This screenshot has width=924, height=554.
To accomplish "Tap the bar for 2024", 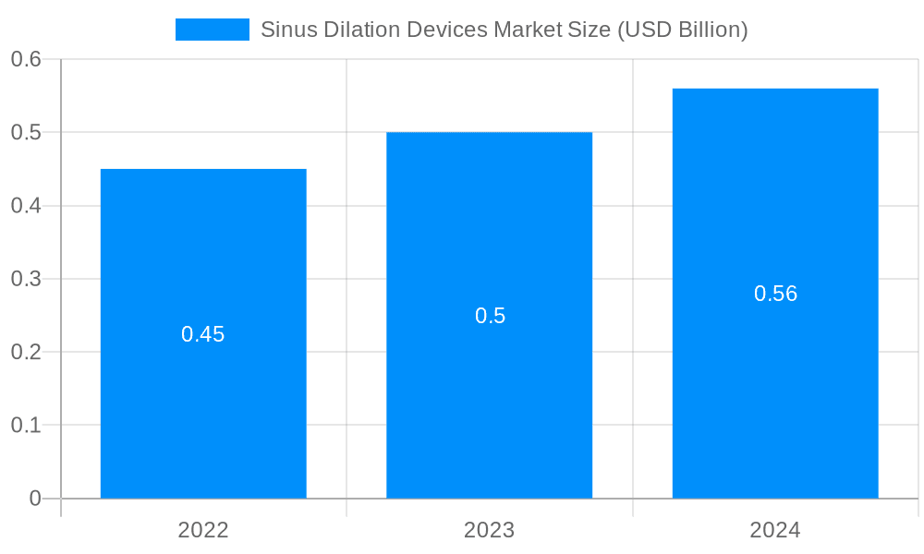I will click(775, 388).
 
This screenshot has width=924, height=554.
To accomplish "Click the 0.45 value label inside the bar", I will click(203, 334).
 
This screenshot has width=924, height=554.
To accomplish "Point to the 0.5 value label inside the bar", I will click(490, 316).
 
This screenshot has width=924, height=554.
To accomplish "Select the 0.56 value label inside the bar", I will click(775, 294).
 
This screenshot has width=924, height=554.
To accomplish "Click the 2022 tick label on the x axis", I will click(203, 530).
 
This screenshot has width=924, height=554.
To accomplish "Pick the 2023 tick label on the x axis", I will click(489, 530).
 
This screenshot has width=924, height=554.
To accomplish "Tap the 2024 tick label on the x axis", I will click(775, 530).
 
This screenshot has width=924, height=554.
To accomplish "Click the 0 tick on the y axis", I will click(35, 499).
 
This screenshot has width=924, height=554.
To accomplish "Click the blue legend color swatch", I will click(213, 30).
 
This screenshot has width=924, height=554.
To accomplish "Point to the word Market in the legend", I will click(526, 30).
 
